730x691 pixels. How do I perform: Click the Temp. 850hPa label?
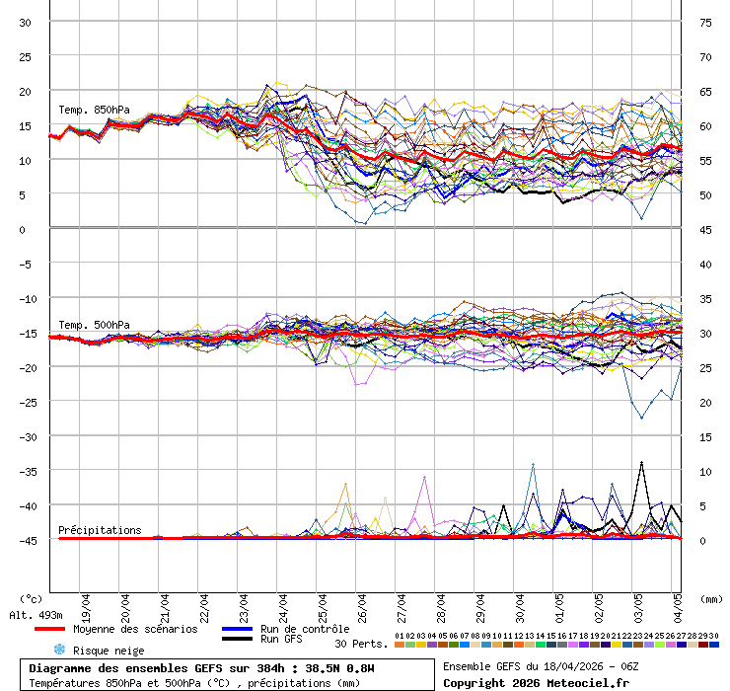94,110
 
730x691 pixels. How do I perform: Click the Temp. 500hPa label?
94,325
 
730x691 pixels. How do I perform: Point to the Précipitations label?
100,530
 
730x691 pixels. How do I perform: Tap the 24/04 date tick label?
284,603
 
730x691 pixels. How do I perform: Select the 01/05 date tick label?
559,603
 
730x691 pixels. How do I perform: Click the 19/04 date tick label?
87,603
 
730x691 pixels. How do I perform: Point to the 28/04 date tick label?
441,603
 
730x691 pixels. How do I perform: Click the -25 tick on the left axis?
26,402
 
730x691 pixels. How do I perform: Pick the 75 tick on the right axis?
706,22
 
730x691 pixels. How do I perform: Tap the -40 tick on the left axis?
26,505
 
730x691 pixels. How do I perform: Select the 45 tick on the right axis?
706,229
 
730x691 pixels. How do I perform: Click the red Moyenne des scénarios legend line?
63,629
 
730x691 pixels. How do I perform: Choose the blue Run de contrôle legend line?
236,629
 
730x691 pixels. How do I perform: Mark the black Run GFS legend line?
236,640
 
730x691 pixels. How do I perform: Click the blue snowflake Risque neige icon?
58,650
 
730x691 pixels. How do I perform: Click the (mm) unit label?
709,598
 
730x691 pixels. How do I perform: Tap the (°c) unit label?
31,598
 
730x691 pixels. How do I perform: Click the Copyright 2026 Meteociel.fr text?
536,682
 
